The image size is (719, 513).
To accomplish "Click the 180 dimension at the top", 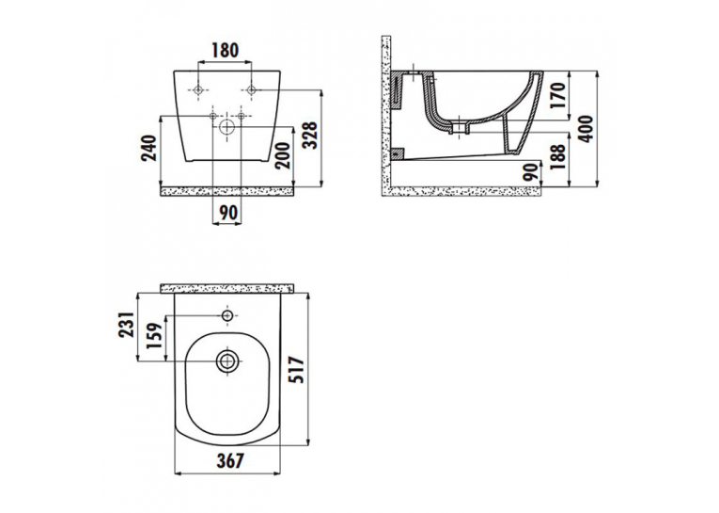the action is click(x=225, y=50).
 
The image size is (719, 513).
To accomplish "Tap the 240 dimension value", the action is click(x=149, y=148).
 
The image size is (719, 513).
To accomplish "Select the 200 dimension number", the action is click(x=284, y=155).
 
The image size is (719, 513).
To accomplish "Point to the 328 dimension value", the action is click(x=310, y=135).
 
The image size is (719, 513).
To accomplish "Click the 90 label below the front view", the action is click(x=228, y=213).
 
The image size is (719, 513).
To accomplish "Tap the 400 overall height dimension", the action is click(x=586, y=129).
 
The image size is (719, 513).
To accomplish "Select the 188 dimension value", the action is click(x=557, y=157).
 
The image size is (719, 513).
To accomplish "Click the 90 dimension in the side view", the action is click(x=530, y=171).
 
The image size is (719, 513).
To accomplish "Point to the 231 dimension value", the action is click(x=127, y=325).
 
